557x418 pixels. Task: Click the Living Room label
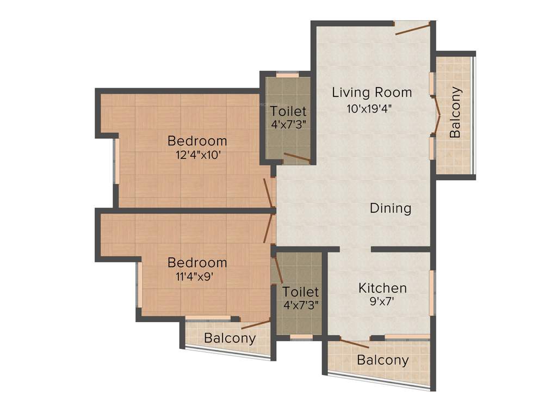(x=372, y=93)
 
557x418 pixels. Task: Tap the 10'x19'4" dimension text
(x=370, y=108)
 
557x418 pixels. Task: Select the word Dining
(x=391, y=208)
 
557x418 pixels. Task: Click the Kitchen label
(x=382, y=288)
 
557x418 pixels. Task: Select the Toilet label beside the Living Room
(x=288, y=112)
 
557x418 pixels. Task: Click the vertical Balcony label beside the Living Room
(x=455, y=112)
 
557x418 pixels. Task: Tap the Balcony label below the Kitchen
(x=383, y=360)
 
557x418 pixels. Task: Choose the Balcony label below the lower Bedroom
(x=230, y=338)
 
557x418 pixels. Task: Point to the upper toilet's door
(x=297, y=158)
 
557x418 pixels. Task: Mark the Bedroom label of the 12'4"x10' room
(x=197, y=140)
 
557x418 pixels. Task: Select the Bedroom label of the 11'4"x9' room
(x=197, y=262)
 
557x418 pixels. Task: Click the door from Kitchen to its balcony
(x=354, y=342)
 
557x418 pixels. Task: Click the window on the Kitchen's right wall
(x=432, y=292)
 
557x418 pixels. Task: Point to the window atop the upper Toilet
(x=288, y=75)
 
